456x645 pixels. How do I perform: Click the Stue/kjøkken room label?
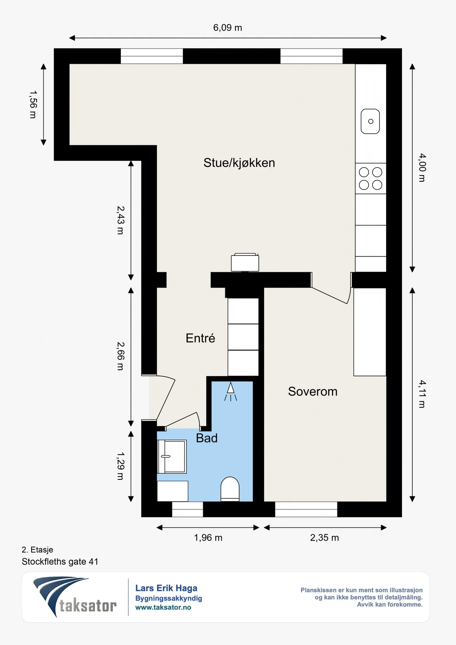point(239,163)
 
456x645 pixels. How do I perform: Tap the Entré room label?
point(200,338)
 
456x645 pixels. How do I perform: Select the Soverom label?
point(313,392)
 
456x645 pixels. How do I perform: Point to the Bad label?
point(207,438)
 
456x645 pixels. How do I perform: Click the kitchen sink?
point(370,121)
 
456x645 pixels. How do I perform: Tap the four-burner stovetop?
point(371,178)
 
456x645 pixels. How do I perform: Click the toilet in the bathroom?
point(230,489)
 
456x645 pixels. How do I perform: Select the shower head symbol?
point(231,391)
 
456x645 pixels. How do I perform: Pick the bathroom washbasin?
point(172,457)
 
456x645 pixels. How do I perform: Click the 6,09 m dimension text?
point(228,28)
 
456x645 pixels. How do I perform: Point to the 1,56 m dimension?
point(33,104)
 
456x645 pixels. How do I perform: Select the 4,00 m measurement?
point(423,168)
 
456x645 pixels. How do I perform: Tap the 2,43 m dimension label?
point(121,220)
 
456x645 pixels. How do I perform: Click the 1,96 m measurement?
point(208,537)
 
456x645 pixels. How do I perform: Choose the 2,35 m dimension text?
point(325,537)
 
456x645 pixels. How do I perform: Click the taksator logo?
point(75,597)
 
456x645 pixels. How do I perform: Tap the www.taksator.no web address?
point(163,607)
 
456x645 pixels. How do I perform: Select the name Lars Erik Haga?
point(166,588)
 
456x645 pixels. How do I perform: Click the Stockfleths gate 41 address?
point(60,562)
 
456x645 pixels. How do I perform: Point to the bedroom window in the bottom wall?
point(306,509)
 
